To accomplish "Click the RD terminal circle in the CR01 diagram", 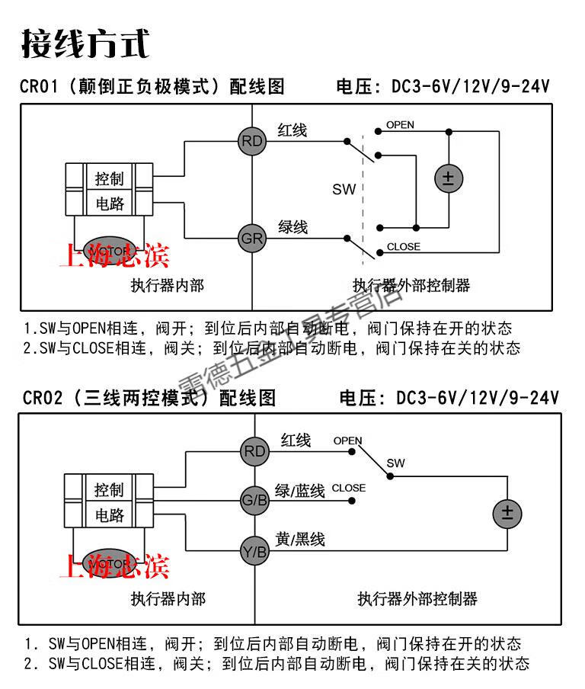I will (x=252, y=141).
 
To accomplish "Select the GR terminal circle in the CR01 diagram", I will (x=252, y=239).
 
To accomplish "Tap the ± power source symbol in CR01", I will (x=448, y=179).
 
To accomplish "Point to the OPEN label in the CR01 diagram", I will (x=400, y=124).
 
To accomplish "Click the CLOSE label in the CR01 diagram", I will (x=403, y=247).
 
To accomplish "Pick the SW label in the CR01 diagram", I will (x=344, y=189).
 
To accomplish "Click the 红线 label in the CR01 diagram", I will (x=292, y=130).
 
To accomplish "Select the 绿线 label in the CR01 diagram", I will (x=292, y=227).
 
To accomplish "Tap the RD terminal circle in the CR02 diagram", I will (x=254, y=451).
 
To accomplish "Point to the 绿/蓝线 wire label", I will (x=300, y=491).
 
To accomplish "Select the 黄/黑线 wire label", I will (x=300, y=540).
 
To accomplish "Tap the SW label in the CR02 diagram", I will (x=396, y=463).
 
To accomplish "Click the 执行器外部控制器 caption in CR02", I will (x=417, y=598).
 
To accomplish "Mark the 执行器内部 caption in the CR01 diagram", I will (x=167, y=286).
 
